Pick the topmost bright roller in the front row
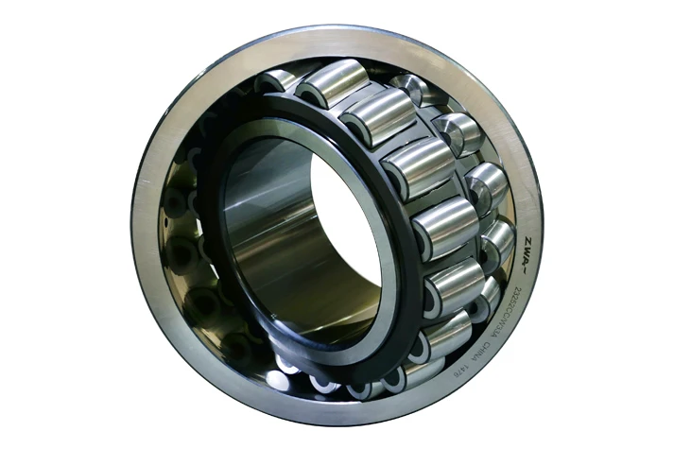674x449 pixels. pos(332,83)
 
